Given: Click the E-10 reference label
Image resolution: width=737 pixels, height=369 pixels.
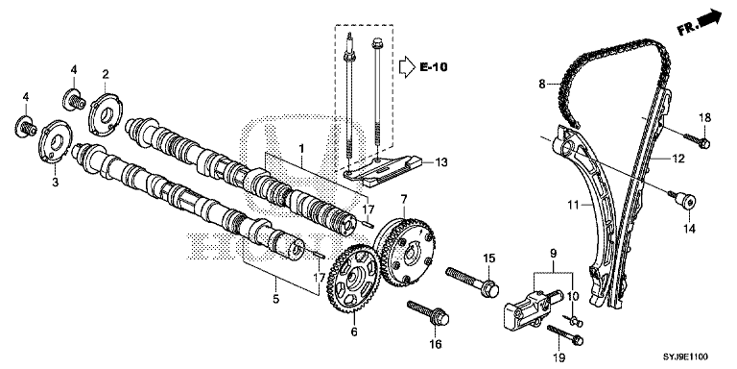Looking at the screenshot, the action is point(434,67).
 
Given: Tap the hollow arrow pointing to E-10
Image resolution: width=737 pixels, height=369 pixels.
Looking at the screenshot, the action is point(407,67).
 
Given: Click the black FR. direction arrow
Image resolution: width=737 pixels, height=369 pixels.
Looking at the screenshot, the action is point(710,19).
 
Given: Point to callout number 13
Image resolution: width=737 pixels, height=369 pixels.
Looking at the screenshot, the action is point(440,162).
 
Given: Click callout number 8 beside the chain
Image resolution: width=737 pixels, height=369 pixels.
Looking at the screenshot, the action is point(542,85).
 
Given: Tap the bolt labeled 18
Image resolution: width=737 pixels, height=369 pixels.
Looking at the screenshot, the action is point(697,140).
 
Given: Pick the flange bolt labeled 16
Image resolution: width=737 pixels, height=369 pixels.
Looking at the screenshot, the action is point(429,313).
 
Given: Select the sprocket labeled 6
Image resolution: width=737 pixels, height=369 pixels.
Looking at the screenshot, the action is point(353,284).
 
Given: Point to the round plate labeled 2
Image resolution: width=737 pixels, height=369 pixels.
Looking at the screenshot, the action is point(106,112).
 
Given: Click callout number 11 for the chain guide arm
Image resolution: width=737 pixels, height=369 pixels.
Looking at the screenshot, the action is point(572,205).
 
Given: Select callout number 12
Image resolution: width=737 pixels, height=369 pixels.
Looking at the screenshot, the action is point(677,160).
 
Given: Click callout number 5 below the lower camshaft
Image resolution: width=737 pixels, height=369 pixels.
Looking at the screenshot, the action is point(276,299).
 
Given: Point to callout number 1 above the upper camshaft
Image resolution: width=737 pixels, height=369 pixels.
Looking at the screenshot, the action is point(301,149).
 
